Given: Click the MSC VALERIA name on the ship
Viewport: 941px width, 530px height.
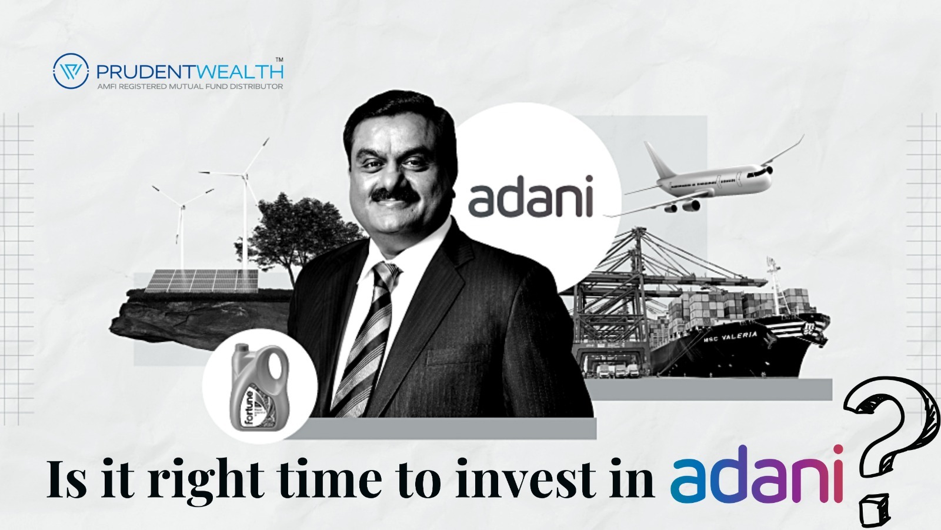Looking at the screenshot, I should pyautogui.click(x=732, y=337).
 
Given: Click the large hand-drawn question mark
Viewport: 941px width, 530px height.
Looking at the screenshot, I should pyautogui.click(x=882, y=447).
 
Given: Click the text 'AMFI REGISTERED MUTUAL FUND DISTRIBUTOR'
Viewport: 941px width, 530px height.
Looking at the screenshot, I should pyautogui.click(x=189, y=86).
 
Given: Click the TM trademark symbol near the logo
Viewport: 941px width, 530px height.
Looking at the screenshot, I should pyautogui.click(x=279, y=59).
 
